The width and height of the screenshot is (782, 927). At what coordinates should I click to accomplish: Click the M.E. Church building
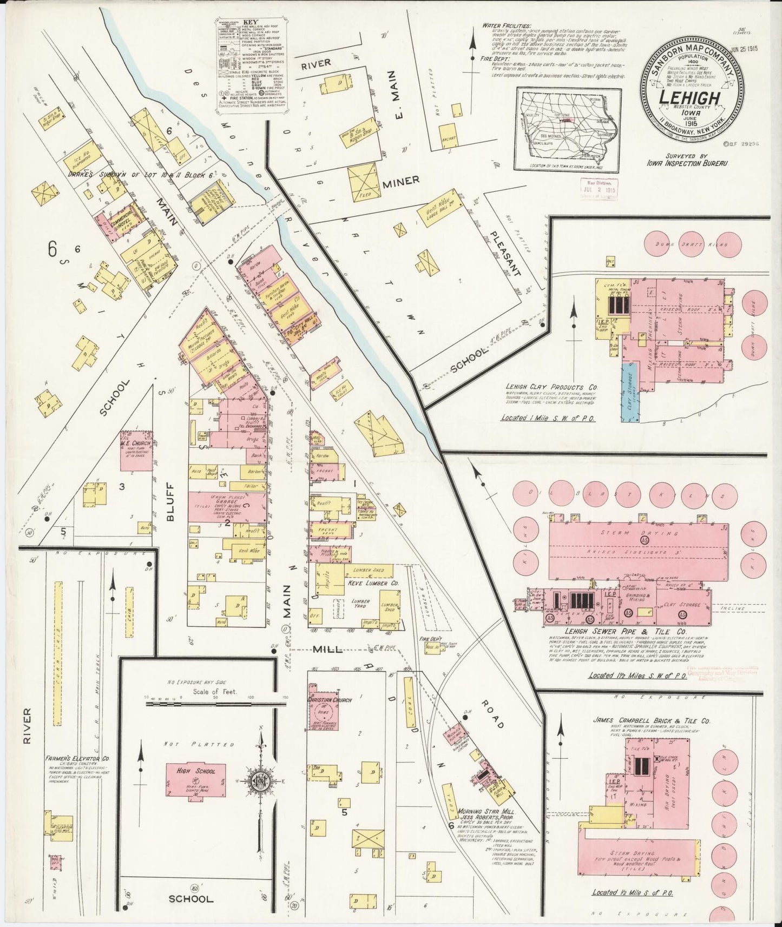click(135, 451)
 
